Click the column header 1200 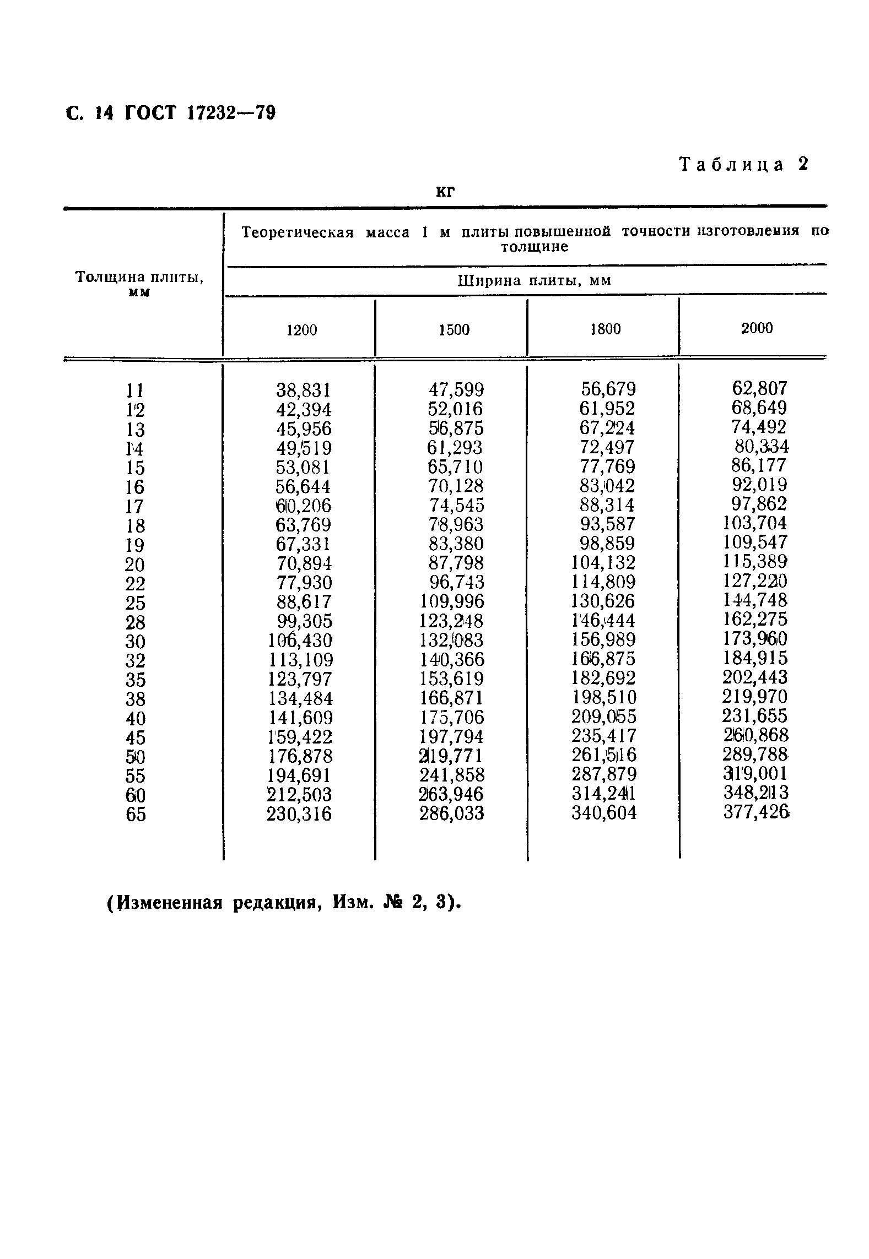point(302,330)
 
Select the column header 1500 point(454,330)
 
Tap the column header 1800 point(605,329)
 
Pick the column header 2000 point(757,328)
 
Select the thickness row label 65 point(136,814)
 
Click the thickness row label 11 point(135,391)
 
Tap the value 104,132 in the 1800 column point(604,562)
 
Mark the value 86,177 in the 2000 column point(758,465)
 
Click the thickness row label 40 point(136,718)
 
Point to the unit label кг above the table point(445,191)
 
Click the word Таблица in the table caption point(731,164)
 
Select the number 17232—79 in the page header point(231,113)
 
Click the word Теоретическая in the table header point(298,232)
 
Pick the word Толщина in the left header point(105,276)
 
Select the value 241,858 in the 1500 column point(451,775)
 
